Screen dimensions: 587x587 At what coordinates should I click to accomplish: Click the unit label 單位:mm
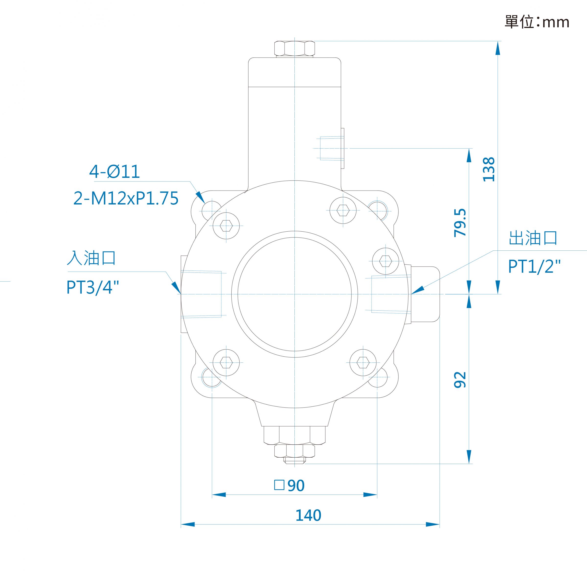click(537, 22)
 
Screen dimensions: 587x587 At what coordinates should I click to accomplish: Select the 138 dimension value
click(489, 169)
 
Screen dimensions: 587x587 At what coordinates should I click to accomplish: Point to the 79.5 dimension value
click(460, 223)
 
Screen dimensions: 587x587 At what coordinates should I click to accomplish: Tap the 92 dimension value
click(460, 380)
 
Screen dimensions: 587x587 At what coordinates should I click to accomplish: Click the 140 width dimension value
click(308, 515)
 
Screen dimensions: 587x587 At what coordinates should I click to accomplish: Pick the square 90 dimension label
click(289, 485)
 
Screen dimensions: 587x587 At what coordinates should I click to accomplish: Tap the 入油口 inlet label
click(91, 258)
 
